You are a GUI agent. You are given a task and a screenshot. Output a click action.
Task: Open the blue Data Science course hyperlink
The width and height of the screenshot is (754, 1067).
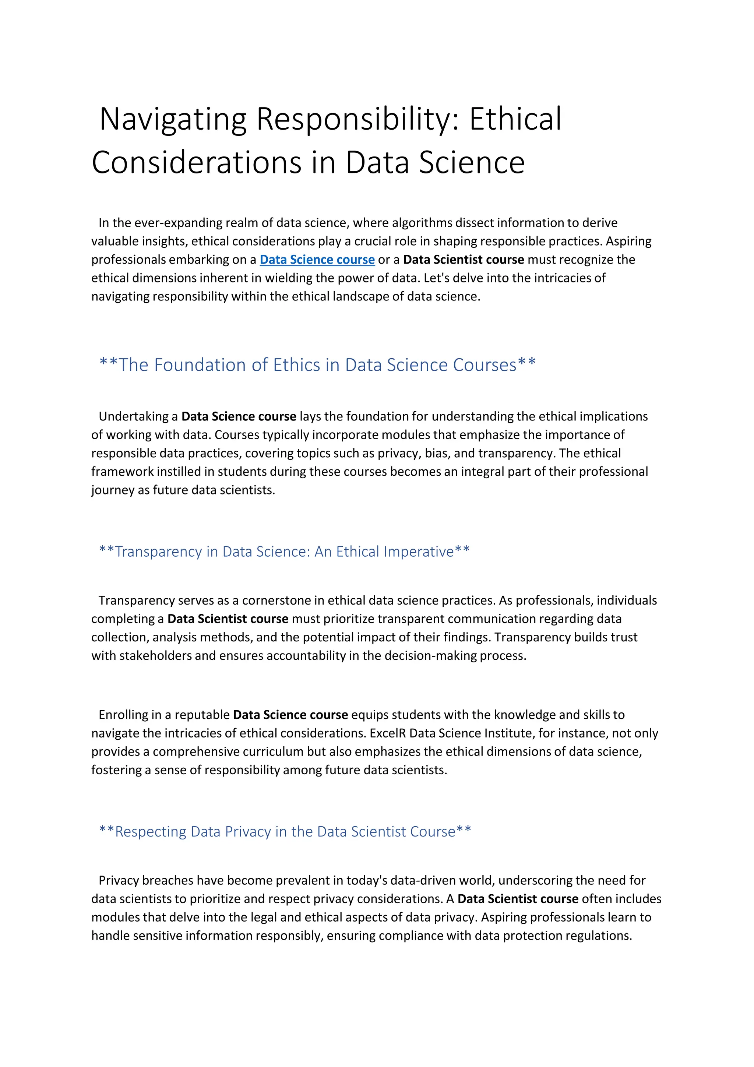317,260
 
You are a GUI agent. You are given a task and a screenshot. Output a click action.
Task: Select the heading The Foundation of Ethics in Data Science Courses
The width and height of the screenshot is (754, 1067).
317,365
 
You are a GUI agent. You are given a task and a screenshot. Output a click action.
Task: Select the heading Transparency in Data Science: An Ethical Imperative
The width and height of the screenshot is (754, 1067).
284,552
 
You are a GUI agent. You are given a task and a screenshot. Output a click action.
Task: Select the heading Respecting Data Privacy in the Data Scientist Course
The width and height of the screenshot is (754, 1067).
285,831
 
